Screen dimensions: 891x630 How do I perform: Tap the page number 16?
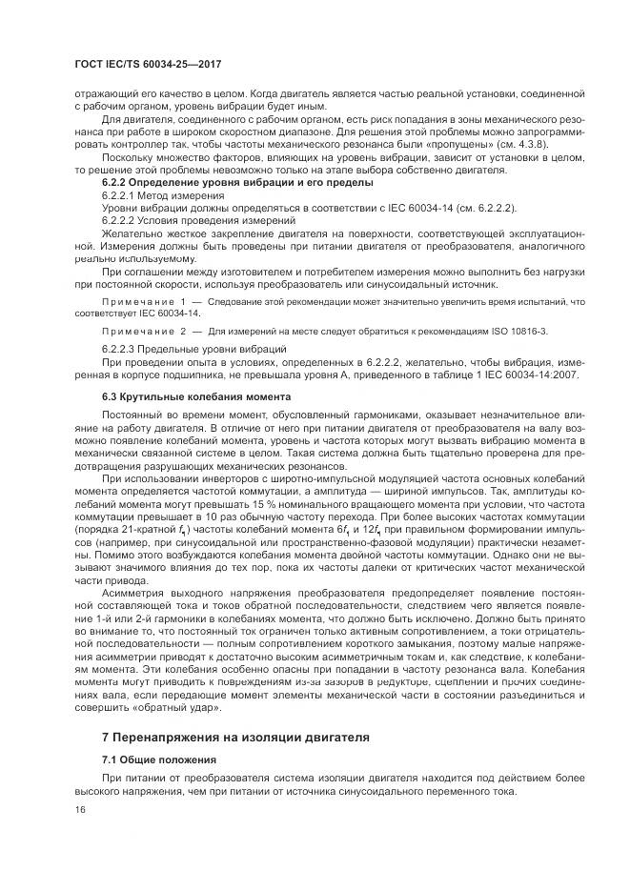pyautogui.click(x=80, y=808)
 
